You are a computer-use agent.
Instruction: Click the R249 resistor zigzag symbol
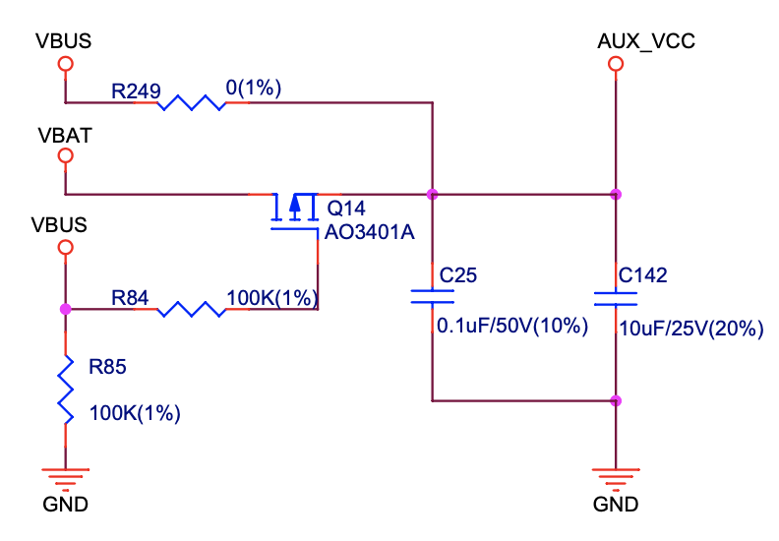coord(191,101)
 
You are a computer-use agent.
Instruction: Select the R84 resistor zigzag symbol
coord(191,309)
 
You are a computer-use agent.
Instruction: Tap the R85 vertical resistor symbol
coord(66,391)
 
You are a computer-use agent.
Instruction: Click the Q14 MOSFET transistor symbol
coord(295,209)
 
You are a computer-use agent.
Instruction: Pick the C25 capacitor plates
coord(432,298)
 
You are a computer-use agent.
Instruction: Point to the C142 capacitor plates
coord(616,298)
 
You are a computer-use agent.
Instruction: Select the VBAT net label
coord(64,135)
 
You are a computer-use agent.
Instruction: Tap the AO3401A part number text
coord(369,233)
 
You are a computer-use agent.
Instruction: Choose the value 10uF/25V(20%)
coord(690,329)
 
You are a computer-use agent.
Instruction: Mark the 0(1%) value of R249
coord(254,88)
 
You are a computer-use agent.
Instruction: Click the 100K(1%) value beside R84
coord(272,295)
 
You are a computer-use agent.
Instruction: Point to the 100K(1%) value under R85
coord(136,413)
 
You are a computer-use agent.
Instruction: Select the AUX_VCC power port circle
coord(616,64)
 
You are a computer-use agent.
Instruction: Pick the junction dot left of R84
coord(66,309)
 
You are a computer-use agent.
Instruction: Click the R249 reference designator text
coord(136,90)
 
